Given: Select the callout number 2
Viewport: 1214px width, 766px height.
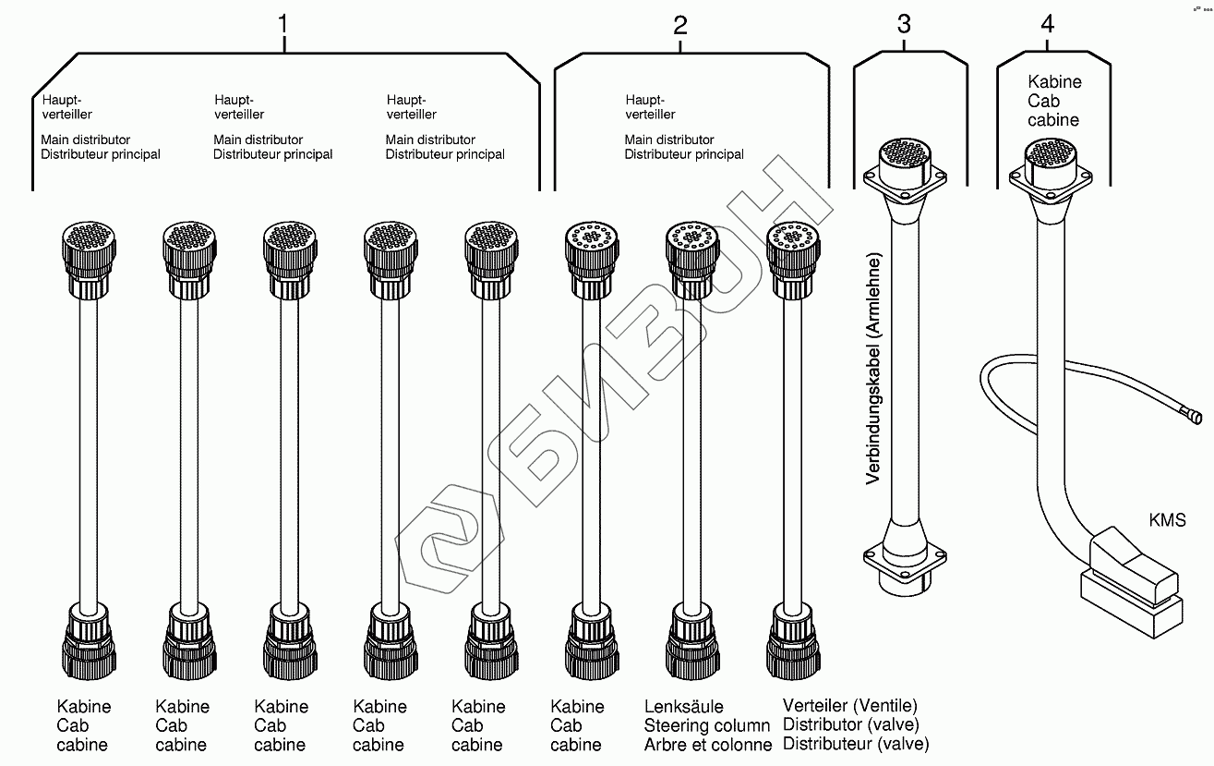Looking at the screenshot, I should coord(680,25).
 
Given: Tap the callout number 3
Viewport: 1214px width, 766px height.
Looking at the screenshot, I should coord(904,25).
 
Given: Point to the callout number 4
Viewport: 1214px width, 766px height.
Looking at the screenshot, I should coord(1047,25).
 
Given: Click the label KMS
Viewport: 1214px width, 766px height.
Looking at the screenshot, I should coord(1167,520).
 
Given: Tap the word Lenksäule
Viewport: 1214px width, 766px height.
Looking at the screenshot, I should coord(683,707).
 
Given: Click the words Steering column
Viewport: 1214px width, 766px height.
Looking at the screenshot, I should coord(706,725).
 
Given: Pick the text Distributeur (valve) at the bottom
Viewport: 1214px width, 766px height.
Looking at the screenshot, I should coord(856,744).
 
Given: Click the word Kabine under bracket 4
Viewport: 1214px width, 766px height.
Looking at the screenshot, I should coord(1054,81).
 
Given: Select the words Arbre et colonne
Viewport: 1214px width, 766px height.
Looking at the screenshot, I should coord(708,745).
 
